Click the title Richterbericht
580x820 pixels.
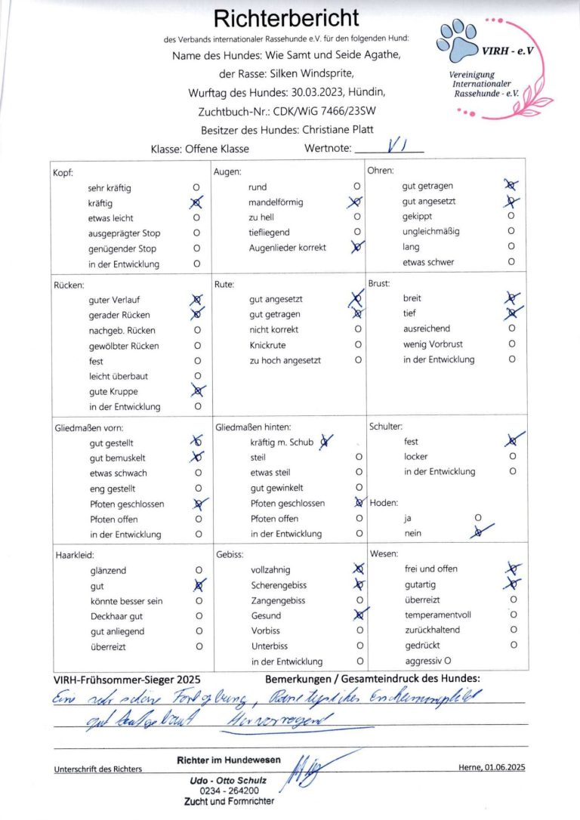pyautogui.click(x=286, y=17)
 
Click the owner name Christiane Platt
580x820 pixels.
pyautogui.click(x=337, y=130)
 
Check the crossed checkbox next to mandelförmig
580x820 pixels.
pyautogui.click(x=356, y=202)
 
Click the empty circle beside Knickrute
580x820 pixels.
pyautogui.click(x=359, y=345)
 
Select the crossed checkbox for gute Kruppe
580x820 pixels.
pyautogui.click(x=198, y=391)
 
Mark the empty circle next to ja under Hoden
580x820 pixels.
pyautogui.click(x=477, y=518)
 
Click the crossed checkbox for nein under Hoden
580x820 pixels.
pyautogui.click(x=477, y=533)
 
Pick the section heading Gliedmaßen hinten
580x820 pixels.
pyautogui.click(x=253, y=427)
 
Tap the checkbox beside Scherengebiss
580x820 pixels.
pyautogui.click(x=359, y=585)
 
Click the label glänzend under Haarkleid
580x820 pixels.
pyautogui.click(x=106, y=571)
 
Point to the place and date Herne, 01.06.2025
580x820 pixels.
pyautogui.click(x=492, y=767)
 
